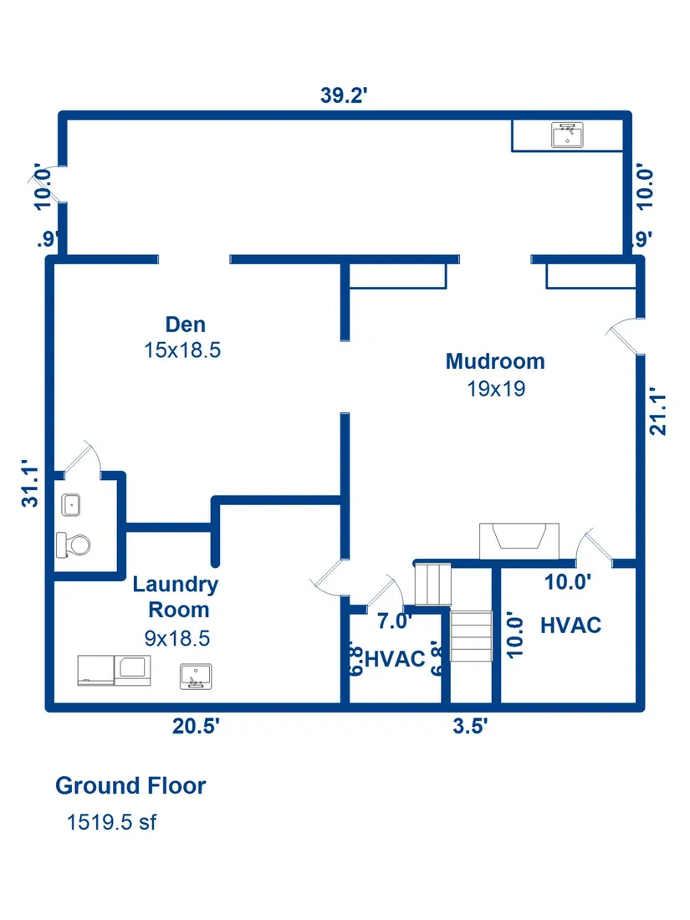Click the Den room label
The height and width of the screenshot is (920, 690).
point(186,325)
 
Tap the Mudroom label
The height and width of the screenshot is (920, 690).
point(495,361)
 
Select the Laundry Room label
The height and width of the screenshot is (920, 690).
point(176,596)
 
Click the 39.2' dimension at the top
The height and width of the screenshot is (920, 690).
point(344,95)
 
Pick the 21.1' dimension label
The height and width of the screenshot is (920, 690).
point(657,411)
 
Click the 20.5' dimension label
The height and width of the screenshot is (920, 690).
point(196,726)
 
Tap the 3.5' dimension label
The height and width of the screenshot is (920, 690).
point(470,726)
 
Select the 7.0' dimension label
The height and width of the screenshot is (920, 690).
point(394,621)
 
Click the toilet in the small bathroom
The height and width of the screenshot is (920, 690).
point(74,545)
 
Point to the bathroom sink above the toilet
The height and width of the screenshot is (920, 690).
point(71,505)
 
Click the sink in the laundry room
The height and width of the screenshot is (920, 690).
point(196,677)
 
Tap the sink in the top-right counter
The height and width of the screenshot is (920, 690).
point(567,135)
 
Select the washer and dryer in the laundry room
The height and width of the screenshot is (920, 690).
point(115,671)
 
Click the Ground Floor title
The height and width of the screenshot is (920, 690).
point(130,785)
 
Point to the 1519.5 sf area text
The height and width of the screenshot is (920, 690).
point(111,822)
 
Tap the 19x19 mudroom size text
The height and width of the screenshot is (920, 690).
point(496,388)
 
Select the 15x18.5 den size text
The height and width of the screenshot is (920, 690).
point(182,350)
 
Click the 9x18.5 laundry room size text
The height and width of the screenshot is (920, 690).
point(177,638)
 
